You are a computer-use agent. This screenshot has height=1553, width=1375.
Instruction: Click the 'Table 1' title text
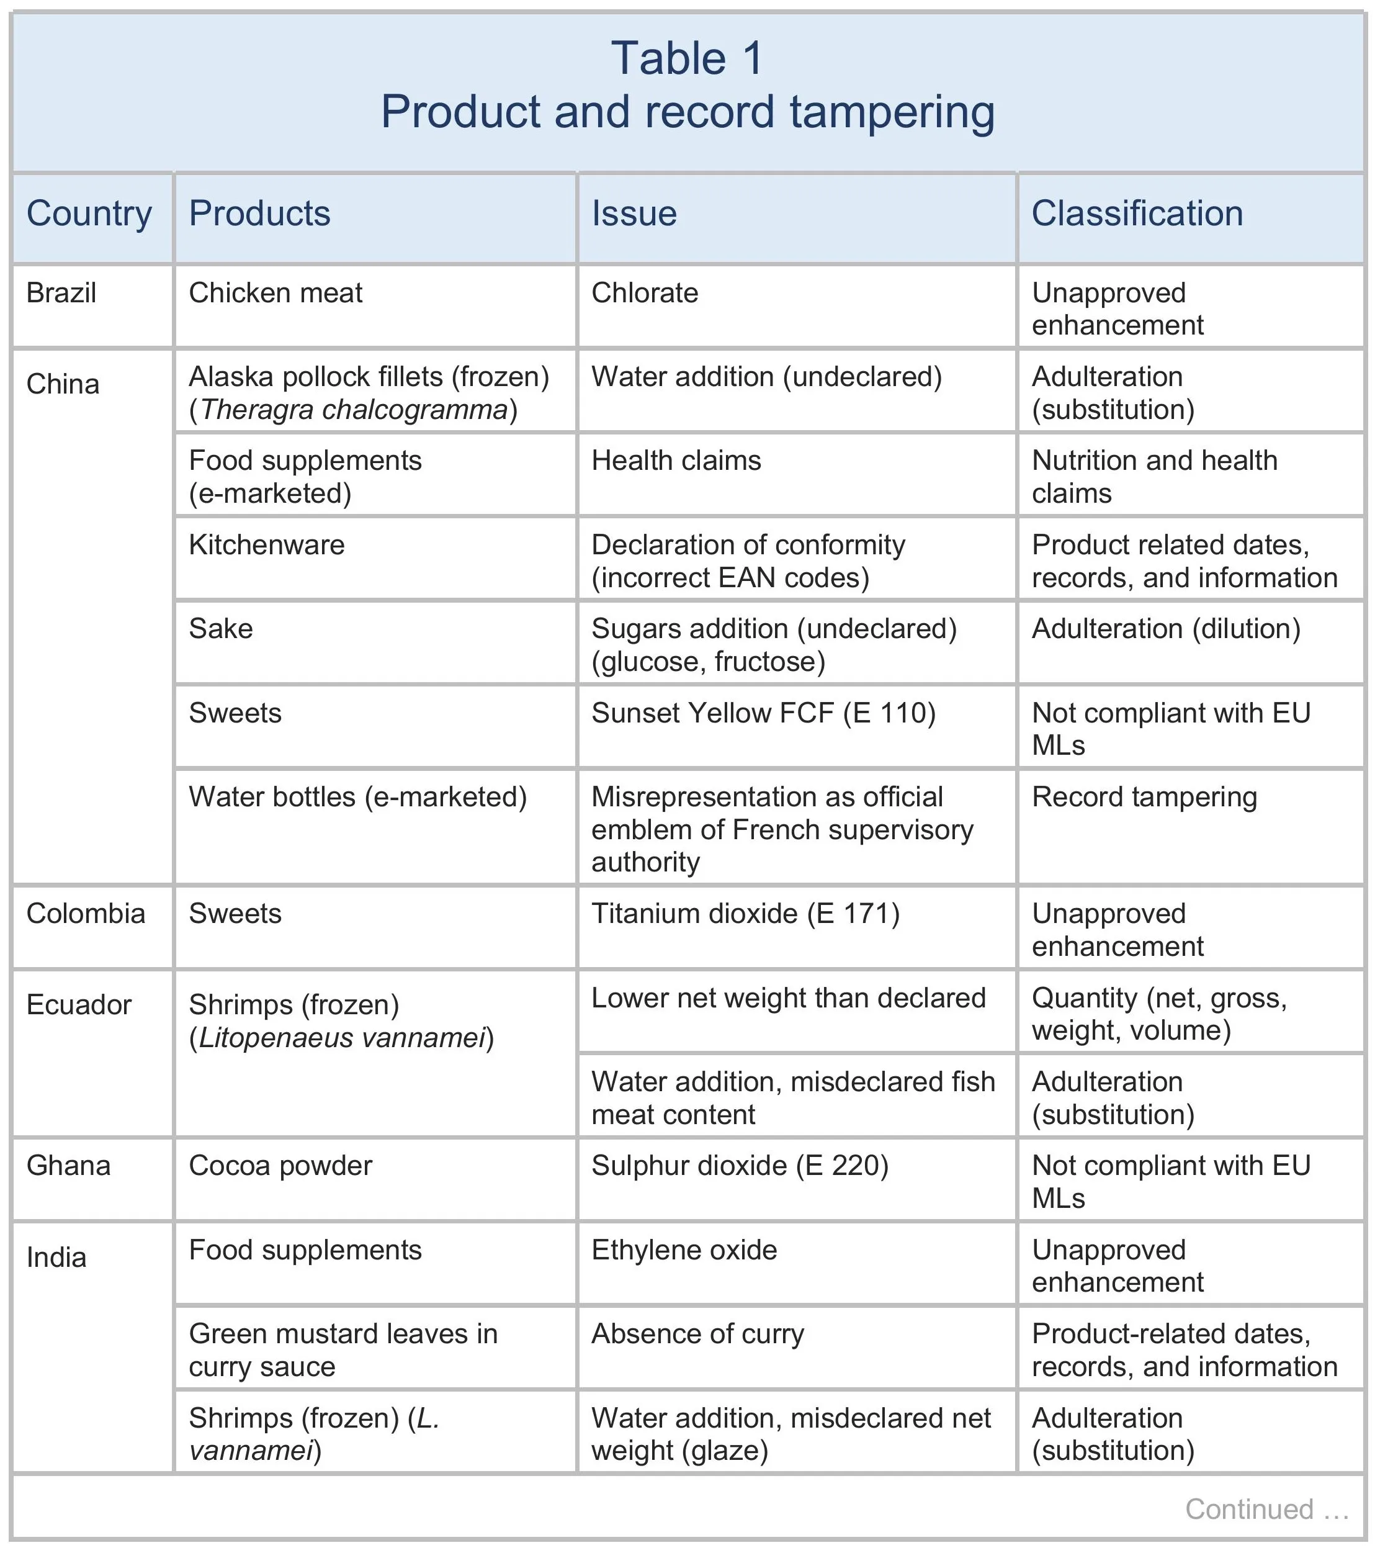coord(687,58)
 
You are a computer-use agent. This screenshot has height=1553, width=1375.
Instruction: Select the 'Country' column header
coord(89,214)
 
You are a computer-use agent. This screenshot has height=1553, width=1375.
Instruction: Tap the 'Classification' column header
coord(1137,214)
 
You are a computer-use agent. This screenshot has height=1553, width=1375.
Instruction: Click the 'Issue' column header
coord(634,214)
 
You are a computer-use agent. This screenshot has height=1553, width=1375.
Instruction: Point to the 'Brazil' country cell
coord(61,292)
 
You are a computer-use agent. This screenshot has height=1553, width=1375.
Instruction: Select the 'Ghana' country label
coord(68,1166)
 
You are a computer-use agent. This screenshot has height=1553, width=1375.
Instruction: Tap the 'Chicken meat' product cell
coord(275,292)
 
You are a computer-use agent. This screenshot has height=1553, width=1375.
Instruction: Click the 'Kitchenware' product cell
coord(266,545)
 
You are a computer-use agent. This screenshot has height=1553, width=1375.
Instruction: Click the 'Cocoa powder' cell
coord(280,1166)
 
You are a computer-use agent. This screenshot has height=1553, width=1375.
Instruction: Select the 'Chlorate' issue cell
coord(644,292)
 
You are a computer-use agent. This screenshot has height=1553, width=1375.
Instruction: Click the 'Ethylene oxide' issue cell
coord(684,1250)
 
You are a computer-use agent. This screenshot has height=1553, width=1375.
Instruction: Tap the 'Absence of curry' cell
coord(697,1333)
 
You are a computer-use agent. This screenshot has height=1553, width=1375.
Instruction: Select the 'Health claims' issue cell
coord(676,461)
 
